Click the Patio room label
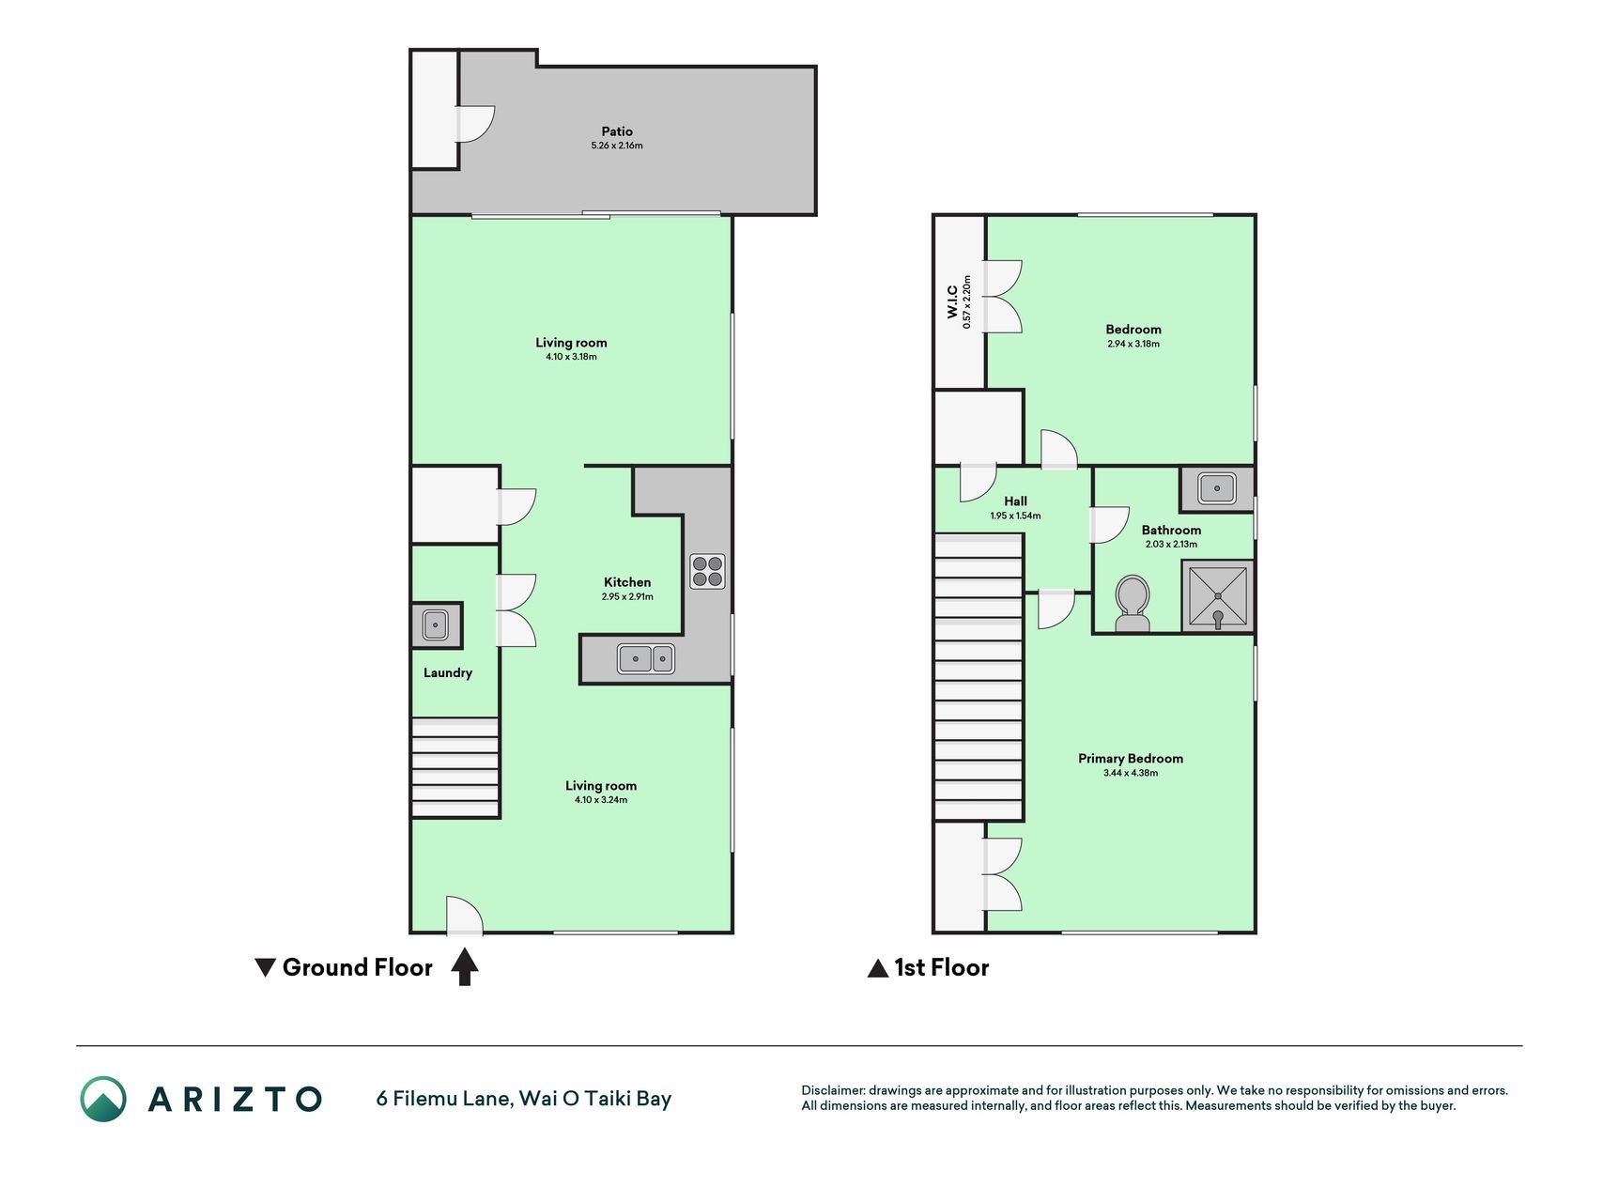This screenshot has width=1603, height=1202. tap(617, 131)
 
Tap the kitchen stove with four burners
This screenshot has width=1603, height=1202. tap(707, 572)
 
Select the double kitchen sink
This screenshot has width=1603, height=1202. tap(646, 658)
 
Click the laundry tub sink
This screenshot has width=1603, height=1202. tap(436, 624)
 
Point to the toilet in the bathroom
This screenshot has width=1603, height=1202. tap(1133, 604)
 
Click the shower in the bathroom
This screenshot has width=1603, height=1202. tap(1217, 595)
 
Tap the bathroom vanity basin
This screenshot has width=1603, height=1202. tap(1217, 488)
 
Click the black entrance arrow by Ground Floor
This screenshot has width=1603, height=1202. tap(465, 967)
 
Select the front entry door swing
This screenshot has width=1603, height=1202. tap(464, 916)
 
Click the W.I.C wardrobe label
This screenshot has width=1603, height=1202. tap(952, 301)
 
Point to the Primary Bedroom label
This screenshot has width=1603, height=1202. tap(1131, 759)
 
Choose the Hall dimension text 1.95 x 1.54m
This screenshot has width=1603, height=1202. tap(1015, 516)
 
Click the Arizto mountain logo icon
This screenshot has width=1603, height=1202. tap(102, 1099)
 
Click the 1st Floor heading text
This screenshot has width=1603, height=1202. tap(942, 967)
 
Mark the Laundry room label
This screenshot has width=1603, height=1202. tap(448, 673)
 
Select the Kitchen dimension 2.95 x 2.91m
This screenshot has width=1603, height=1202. tap(627, 596)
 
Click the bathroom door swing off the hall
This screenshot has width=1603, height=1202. tap(1109, 525)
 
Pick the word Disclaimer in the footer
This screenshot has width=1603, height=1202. tap(832, 1090)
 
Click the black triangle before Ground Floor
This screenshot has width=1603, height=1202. tap(266, 967)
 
